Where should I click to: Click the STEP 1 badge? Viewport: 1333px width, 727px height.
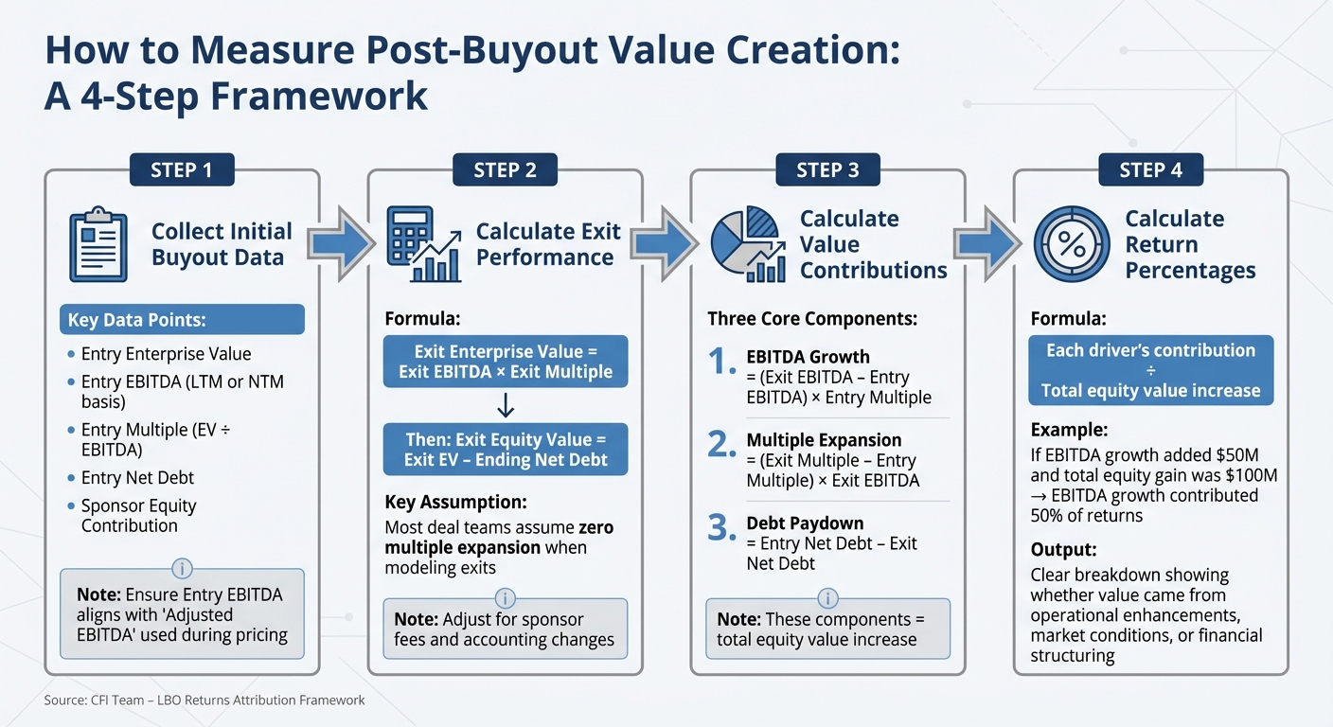182,169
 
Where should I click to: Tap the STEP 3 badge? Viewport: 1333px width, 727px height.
827,169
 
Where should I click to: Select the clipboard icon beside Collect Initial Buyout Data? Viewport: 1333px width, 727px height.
98,246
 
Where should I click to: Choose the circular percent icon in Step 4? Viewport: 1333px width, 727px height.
1071,245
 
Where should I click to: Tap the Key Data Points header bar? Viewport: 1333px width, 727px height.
182,320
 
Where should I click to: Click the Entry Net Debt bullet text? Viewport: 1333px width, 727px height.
137,478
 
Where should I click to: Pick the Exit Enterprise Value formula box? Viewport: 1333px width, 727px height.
505,362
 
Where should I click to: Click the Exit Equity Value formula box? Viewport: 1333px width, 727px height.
505,450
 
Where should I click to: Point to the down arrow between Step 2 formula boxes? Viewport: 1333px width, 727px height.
505,406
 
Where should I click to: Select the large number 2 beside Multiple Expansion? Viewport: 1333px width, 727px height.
722,444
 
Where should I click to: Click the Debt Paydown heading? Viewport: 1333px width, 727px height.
805,523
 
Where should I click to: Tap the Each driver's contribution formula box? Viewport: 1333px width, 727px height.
1150,370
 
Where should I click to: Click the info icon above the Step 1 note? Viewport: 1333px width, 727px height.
182,569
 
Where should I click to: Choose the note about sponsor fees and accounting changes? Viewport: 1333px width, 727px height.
505,629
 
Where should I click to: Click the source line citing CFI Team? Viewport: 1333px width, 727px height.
204,700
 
